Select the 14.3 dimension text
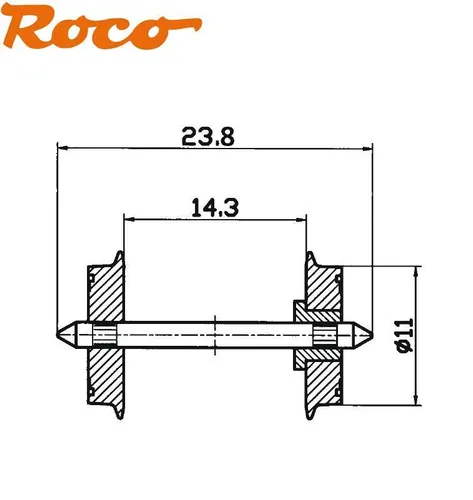pos(213,207)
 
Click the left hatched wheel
pos(104,300)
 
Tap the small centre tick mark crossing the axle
pos(214,332)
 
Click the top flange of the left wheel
pos(121,258)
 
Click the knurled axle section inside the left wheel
pos(104,332)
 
